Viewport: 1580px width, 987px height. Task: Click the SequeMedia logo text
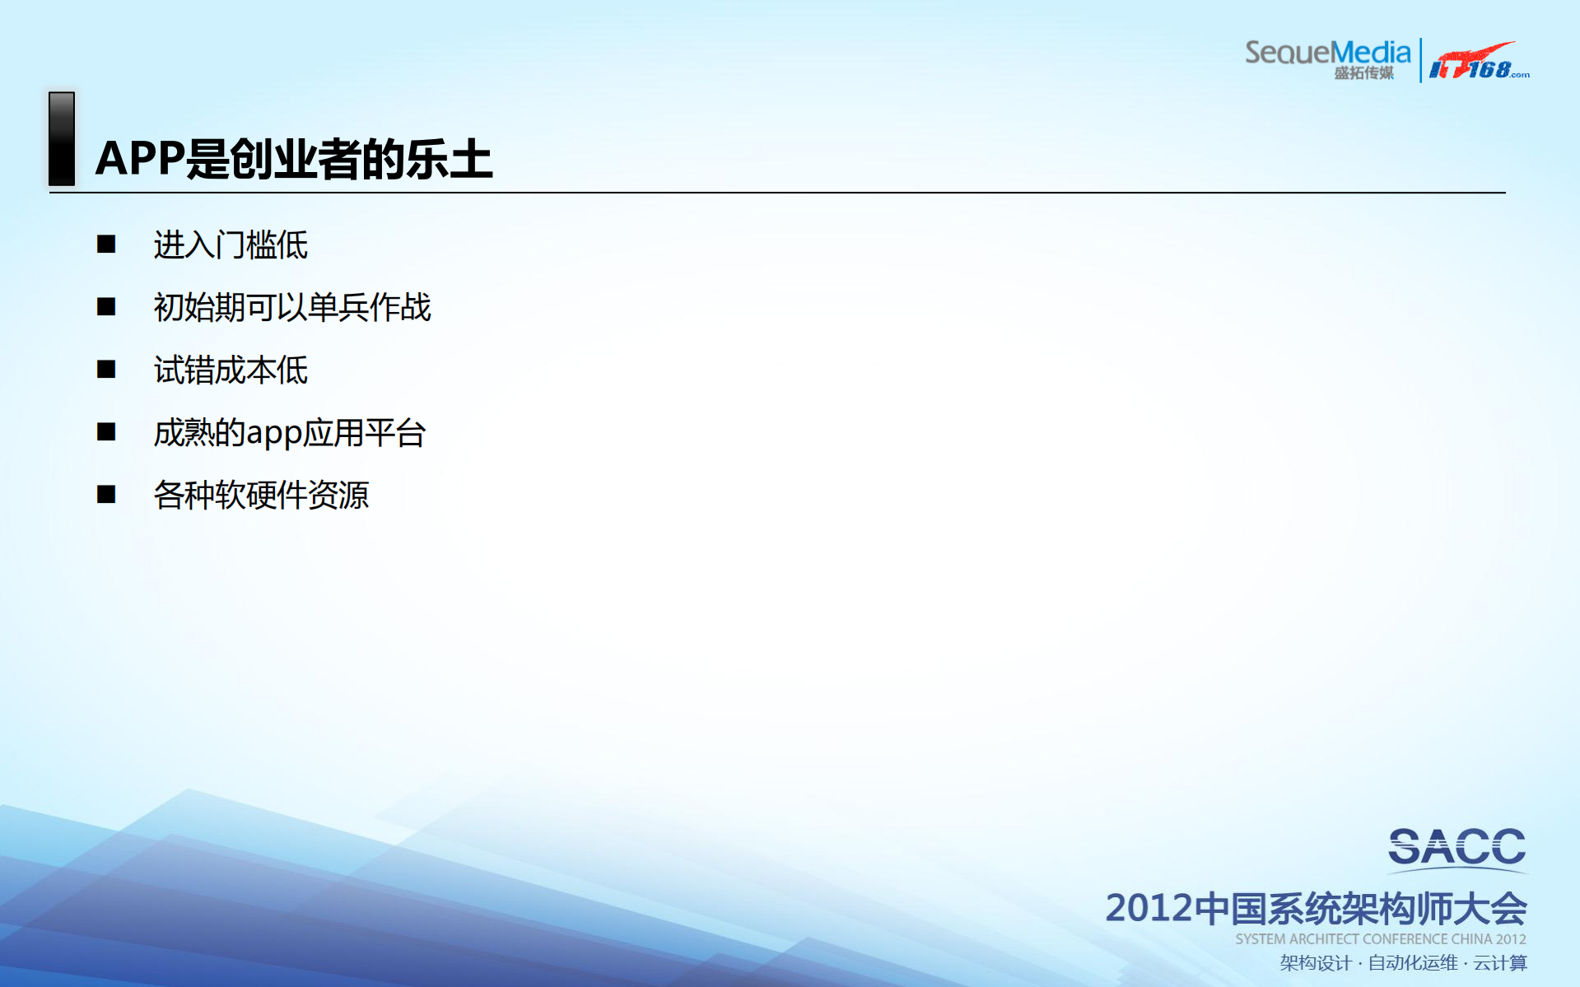pos(1327,53)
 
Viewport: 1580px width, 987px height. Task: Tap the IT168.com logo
pos(1479,63)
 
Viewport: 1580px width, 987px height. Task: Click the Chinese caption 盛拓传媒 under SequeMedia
pos(1363,73)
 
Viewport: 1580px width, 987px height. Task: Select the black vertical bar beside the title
pos(62,138)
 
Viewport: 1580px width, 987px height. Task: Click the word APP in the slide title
pos(140,158)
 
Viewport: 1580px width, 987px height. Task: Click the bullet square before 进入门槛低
pos(106,244)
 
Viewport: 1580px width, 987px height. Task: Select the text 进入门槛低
pos(231,245)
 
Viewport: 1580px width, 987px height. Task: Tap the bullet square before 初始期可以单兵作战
pos(106,307)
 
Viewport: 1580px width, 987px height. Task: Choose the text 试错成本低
pos(231,370)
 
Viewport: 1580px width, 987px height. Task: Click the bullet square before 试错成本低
pos(106,370)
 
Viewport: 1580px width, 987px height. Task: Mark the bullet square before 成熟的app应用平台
pos(106,432)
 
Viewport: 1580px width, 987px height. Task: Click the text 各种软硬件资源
pos(261,496)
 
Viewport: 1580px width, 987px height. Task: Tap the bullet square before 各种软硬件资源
pos(106,495)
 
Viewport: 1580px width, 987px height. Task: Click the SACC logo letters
pos(1456,847)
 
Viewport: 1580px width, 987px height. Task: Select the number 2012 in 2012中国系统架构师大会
pos(1149,909)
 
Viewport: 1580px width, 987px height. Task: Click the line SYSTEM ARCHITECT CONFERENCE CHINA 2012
pos(1380,939)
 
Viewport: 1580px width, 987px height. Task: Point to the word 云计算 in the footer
pos(1500,963)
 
